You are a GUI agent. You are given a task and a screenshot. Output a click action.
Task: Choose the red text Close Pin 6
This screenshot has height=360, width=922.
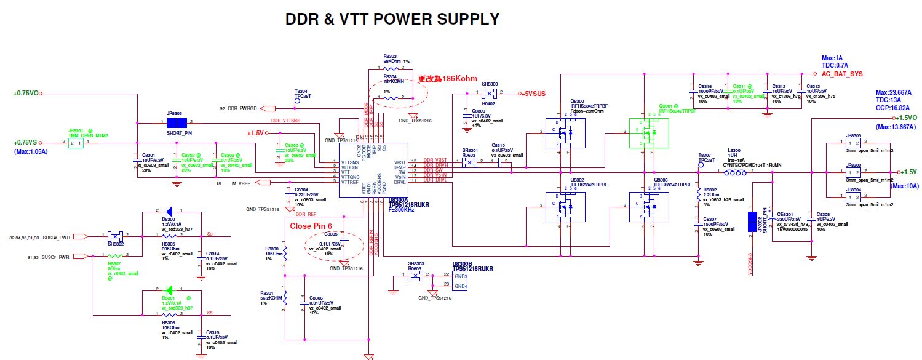tap(315, 226)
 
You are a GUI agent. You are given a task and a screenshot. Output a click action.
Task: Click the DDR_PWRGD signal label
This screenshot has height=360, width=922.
tap(244, 108)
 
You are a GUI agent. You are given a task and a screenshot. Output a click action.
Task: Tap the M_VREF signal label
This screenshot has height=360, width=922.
tap(242, 183)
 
